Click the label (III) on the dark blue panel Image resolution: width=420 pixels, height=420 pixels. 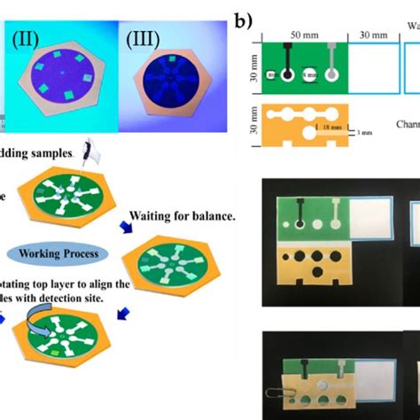[142, 40]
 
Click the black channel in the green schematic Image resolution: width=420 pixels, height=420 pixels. [289, 67]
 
